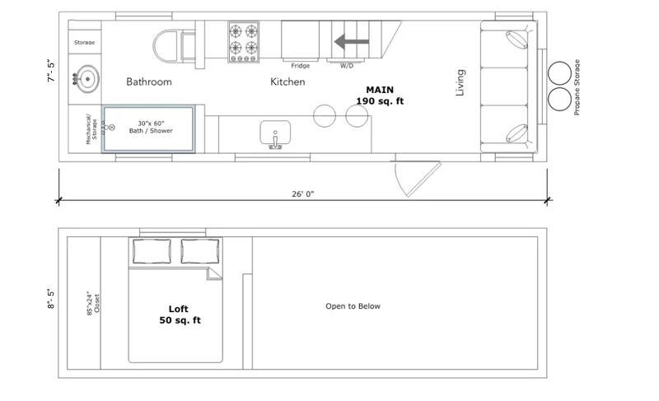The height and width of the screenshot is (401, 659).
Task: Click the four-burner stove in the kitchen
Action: [x=244, y=42]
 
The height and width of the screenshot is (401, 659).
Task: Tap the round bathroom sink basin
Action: [x=87, y=78]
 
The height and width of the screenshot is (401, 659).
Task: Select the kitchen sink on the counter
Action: [x=275, y=133]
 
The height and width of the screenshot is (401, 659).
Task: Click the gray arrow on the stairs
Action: [x=352, y=41]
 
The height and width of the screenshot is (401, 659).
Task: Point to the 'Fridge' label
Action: [x=301, y=66]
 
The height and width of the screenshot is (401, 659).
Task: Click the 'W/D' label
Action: [x=347, y=66]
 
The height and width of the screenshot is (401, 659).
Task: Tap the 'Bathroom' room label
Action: [x=149, y=82]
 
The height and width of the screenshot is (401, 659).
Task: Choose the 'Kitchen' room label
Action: [x=287, y=82]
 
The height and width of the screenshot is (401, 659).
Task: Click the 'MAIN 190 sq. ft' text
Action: [x=380, y=96]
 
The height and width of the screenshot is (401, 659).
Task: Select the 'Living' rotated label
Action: [x=460, y=82]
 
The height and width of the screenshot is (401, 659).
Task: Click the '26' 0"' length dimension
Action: [x=303, y=194]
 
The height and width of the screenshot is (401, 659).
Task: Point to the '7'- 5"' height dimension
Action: [x=51, y=71]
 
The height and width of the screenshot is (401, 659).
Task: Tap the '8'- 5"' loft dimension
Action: [x=51, y=299]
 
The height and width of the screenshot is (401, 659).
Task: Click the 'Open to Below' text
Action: [x=353, y=306]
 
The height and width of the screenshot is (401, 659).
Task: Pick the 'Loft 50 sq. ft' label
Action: [x=180, y=315]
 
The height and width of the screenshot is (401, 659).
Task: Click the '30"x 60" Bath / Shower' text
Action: [x=151, y=127]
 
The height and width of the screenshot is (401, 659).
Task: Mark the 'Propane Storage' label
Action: [x=577, y=87]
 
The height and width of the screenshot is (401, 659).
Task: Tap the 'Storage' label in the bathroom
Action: [x=85, y=43]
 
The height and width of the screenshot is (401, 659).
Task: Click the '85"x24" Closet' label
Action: [x=93, y=303]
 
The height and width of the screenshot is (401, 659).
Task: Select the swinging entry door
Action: [x=418, y=179]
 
